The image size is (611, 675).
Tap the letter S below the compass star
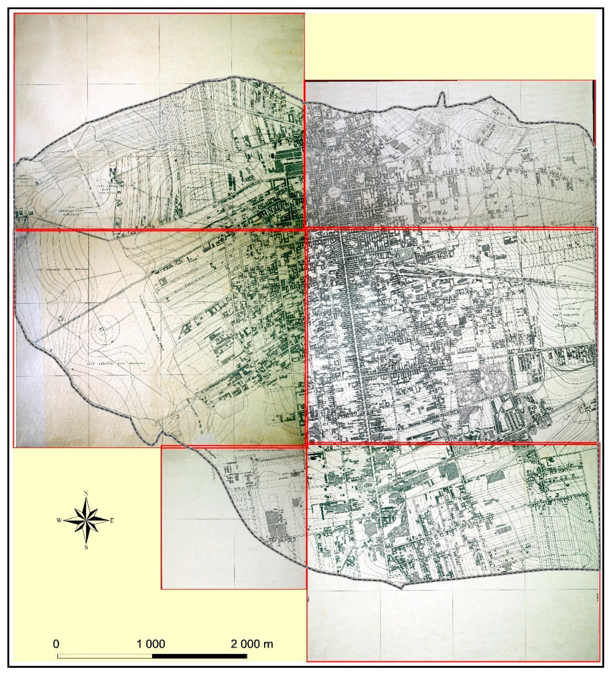tap(86, 547)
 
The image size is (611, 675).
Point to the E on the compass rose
tap(112, 521)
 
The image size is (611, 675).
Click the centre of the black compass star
tap(86, 520)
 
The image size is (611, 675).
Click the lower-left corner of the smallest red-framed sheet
tap(161, 588)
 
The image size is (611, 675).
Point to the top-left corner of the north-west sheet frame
tap(14, 13)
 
